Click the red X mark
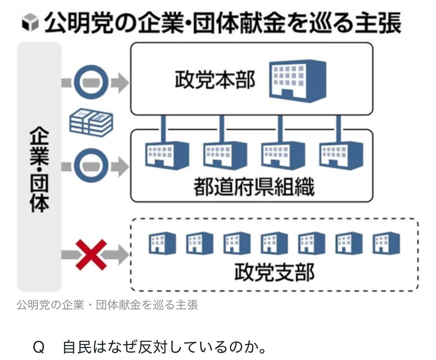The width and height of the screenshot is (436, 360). coord(91,255)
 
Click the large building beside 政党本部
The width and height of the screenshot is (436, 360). coord(297,80)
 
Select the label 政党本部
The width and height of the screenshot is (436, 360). coord(215,80)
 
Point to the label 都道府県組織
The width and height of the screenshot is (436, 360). coord(254,187)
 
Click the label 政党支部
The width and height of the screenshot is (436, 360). coord(274,272)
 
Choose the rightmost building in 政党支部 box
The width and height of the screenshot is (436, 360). coord(386,242)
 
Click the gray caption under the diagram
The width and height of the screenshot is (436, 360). coord(107,305)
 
